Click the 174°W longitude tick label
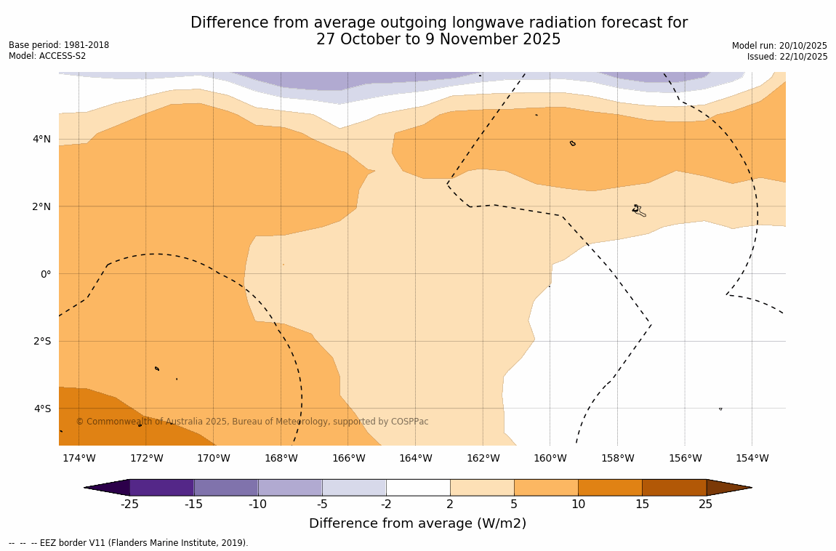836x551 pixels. point(79,458)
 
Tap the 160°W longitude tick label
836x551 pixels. point(550,458)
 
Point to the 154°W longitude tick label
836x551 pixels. point(752,458)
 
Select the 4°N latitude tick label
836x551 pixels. point(41,139)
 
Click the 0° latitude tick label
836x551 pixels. point(45,274)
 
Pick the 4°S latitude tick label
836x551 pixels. point(41,409)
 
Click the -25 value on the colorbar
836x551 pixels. point(129,504)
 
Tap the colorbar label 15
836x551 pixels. point(642,504)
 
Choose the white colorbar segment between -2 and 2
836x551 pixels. point(418,487)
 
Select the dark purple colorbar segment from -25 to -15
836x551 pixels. point(161,487)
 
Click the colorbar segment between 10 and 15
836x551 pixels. point(610,487)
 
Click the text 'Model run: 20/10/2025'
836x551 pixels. point(779,45)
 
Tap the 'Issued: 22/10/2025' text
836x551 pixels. point(787,57)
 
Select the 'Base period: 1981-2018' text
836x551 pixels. point(59,45)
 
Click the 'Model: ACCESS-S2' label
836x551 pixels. point(47,57)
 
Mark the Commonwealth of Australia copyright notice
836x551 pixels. point(252,422)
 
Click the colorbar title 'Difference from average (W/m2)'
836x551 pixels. point(417,523)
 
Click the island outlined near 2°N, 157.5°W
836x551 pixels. point(638,210)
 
